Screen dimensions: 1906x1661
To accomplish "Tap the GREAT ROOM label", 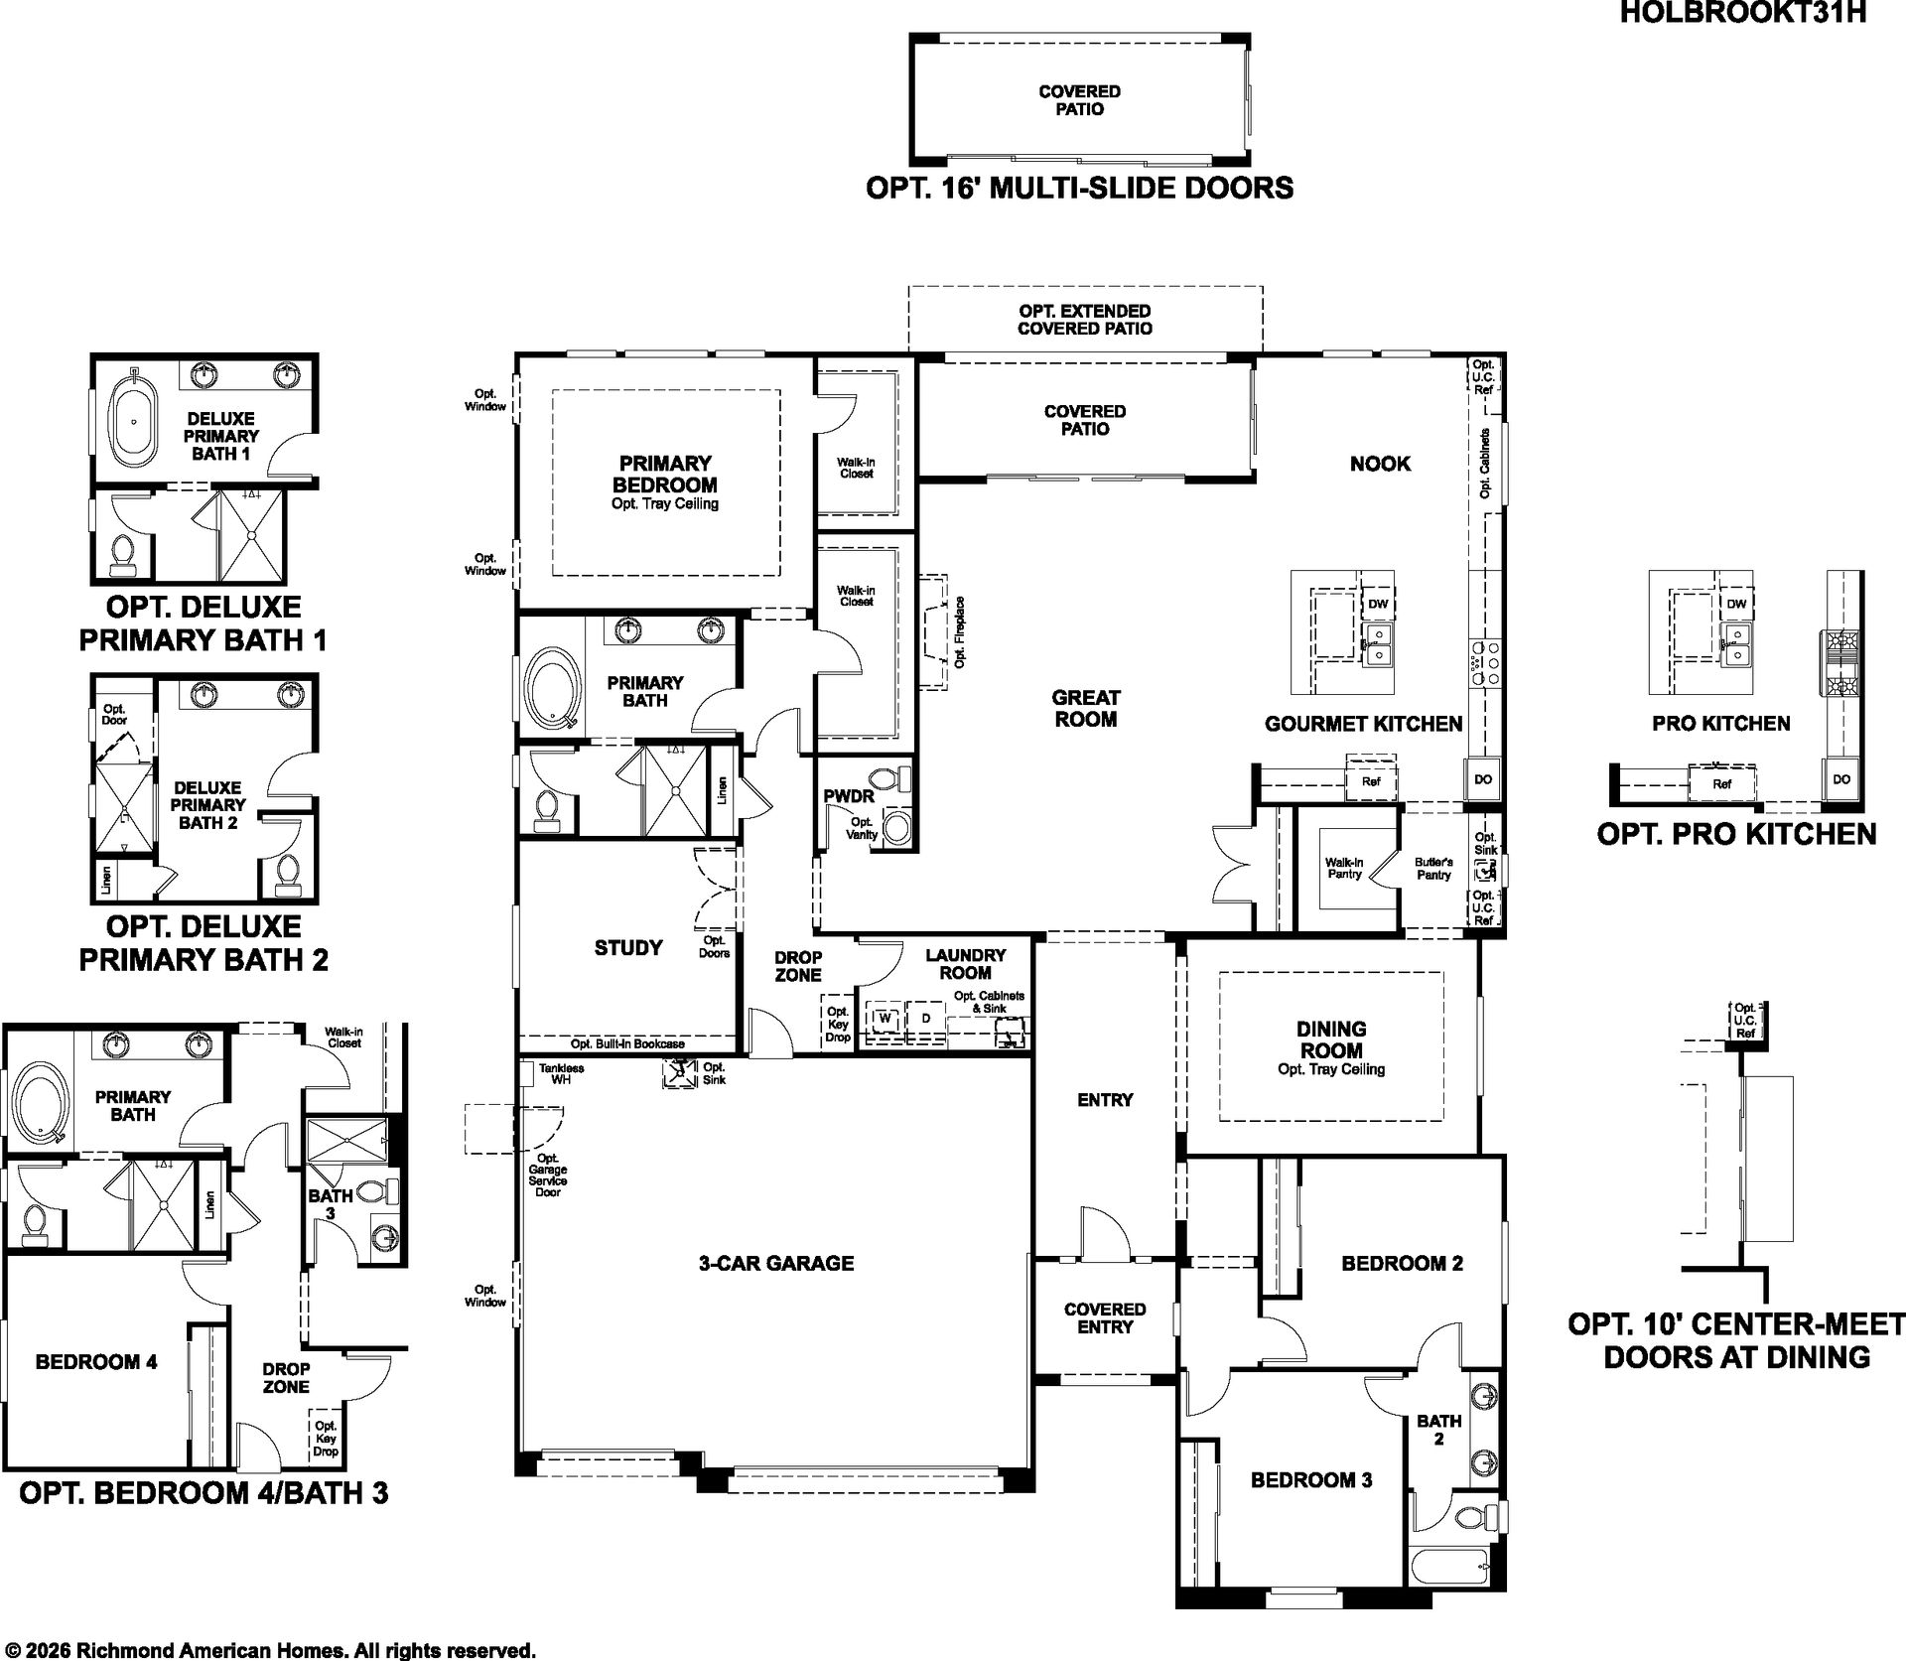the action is [1086, 708].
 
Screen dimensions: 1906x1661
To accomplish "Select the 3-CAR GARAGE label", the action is [776, 1263].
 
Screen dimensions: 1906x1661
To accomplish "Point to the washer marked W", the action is [885, 1019].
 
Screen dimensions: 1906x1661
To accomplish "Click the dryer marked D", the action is [926, 1019].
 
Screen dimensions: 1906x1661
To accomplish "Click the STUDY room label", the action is [628, 948].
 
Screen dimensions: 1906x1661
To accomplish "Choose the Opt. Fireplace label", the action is [960, 631].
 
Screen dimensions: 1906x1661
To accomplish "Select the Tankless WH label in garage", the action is [561, 1073].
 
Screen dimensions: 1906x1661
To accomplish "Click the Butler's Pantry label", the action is [1433, 869].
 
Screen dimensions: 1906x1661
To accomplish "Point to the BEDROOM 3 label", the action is [1311, 1480].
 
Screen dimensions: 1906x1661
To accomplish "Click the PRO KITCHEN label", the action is [1721, 724].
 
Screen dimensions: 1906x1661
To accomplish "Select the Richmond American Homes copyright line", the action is [268, 1650].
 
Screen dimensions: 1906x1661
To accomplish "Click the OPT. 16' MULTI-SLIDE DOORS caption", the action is [1080, 188].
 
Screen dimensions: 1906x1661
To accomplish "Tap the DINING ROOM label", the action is [1331, 1039].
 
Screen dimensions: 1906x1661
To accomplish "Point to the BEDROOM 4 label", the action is [96, 1362].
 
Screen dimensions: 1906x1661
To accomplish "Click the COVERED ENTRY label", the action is [1105, 1318].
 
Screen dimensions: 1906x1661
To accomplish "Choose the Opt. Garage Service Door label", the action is [547, 1175].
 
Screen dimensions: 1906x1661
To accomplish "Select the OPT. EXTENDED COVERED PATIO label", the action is [1085, 320].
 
